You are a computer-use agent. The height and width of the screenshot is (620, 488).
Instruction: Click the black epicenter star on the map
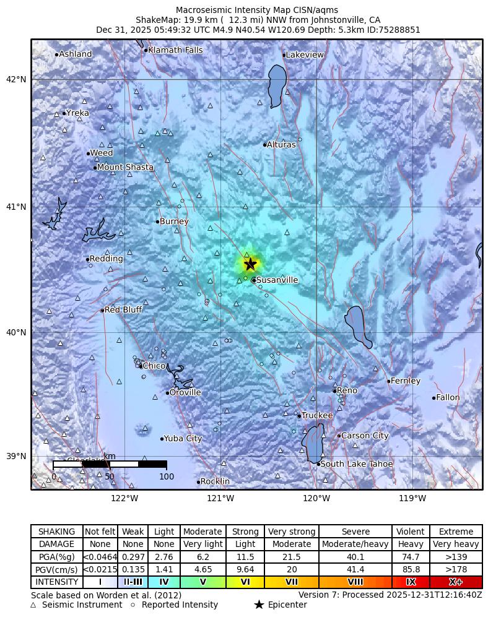[x=250, y=264]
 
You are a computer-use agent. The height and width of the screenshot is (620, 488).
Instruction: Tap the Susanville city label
[x=277, y=280]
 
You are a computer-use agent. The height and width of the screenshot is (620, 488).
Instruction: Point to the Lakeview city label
[x=305, y=55]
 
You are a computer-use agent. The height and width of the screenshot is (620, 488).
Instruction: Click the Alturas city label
[x=281, y=145]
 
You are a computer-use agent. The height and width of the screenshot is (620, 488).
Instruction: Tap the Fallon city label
[x=448, y=398]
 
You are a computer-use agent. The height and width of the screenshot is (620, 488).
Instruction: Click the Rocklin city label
[x=215, y=482]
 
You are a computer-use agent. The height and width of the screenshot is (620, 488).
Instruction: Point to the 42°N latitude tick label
[x=17, y=79]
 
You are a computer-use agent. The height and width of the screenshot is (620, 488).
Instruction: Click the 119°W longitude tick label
[x=412, y=499]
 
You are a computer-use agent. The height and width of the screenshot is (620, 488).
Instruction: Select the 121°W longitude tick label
[x=220, y=499]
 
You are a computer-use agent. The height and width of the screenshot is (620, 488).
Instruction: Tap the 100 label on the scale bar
[x=167, y=476]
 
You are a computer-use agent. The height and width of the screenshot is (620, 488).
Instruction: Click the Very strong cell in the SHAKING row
[x=292, y=532]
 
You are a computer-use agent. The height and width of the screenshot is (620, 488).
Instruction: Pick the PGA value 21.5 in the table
[x=292, y=557]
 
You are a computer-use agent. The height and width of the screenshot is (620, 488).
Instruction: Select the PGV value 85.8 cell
[x=411, y=569]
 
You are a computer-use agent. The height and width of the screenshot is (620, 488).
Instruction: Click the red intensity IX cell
[x=411, y=582]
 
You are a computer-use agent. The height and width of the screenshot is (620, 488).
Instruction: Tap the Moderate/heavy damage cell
[x=355, y=545]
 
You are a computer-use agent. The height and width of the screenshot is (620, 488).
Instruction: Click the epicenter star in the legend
[x=259, y=605]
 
